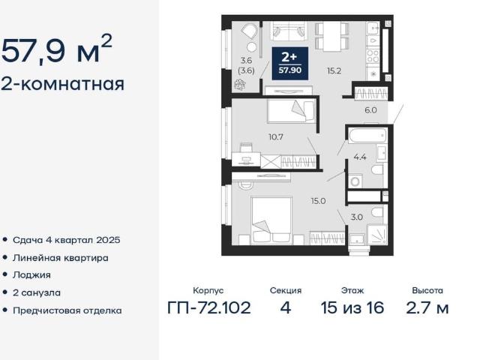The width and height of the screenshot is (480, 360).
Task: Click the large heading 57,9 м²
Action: pyautogui.click(x=58, y=51)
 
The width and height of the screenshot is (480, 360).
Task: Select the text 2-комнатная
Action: pyautogui.click(x=63, y=83)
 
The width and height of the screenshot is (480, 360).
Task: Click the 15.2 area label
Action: pyautogui.click(x=334, y=71)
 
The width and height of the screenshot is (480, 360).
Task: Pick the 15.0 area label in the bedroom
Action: pyautogui.click(x=319, y=201)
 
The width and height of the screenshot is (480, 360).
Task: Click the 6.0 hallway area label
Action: pyautogui.click(x=370, y=109)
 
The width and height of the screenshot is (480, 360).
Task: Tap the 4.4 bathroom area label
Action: pyautogui.click(x=360, y=157)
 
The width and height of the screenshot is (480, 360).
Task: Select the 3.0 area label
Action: pyautogui.click(x=356, y=217)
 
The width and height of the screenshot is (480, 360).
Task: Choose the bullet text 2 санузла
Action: pyautogui.click(x=37, y=292)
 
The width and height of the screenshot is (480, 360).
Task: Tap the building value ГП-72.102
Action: pyautogui.click(x=208, y=308)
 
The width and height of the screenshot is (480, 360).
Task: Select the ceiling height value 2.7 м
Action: pyautogui.click(x=427, y=308)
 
